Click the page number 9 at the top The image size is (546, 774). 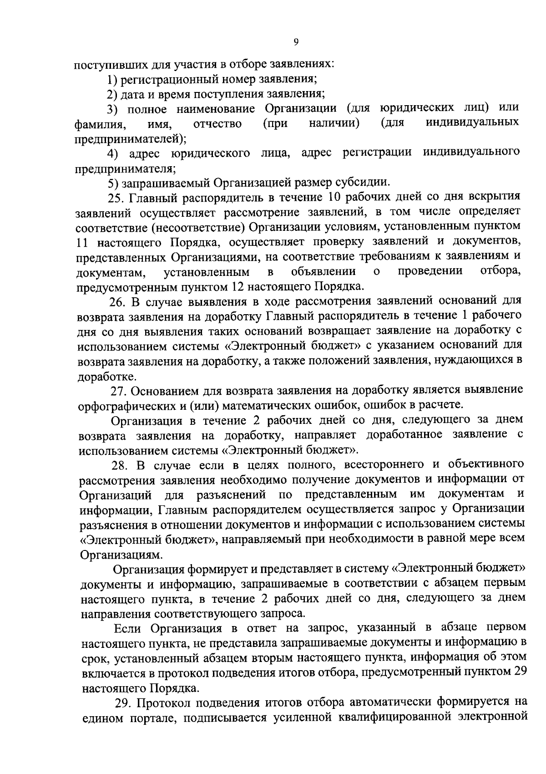tap(296, 42)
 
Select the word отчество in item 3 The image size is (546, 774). tap(217, 123)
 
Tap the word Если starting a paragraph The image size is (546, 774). tap(129, 628)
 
